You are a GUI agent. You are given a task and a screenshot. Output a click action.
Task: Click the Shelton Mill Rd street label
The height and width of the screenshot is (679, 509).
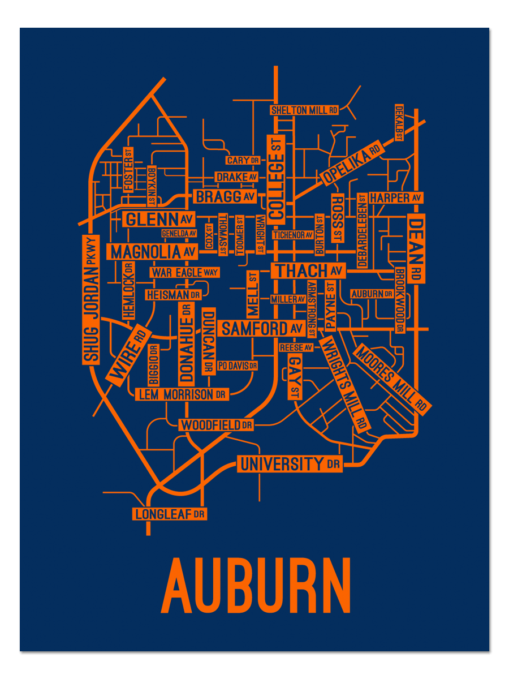click(x=304, y=110)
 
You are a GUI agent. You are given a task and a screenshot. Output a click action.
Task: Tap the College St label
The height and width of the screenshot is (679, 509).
click(x=277, y=177)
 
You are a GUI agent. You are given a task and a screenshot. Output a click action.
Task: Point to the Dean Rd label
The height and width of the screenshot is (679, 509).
click(x=417, y=248)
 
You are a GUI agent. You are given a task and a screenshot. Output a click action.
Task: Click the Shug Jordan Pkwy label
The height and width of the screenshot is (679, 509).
click(x=91, y=299)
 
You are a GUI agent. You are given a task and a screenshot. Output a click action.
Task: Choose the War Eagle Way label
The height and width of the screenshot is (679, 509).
click(x=184, y=272)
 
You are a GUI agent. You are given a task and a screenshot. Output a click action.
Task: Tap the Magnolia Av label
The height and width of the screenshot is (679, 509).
click(x=153, y=251)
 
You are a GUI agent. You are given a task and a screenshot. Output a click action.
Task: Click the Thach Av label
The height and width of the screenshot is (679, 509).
click(x=309, y=271)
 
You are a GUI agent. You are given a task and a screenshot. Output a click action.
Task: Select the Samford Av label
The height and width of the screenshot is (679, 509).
click(x=262, y=328)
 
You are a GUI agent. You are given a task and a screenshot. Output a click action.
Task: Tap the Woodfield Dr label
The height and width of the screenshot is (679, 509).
click(x=216, y=424)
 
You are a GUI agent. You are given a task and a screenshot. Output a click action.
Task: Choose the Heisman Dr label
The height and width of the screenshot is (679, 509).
click(x=174, y=295)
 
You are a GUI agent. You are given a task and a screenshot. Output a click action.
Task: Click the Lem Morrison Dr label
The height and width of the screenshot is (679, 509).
click(x=182, y=394)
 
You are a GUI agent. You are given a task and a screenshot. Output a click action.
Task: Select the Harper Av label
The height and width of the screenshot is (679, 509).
click(x=395, y=198)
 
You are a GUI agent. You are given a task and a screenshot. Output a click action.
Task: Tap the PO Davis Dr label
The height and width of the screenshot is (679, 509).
click(x=237, y=366)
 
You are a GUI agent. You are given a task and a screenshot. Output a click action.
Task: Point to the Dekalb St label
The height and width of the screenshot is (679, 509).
click(x=399, y=122)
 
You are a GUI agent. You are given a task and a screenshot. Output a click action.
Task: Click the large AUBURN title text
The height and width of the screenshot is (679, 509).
click(x=256, y=585)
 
